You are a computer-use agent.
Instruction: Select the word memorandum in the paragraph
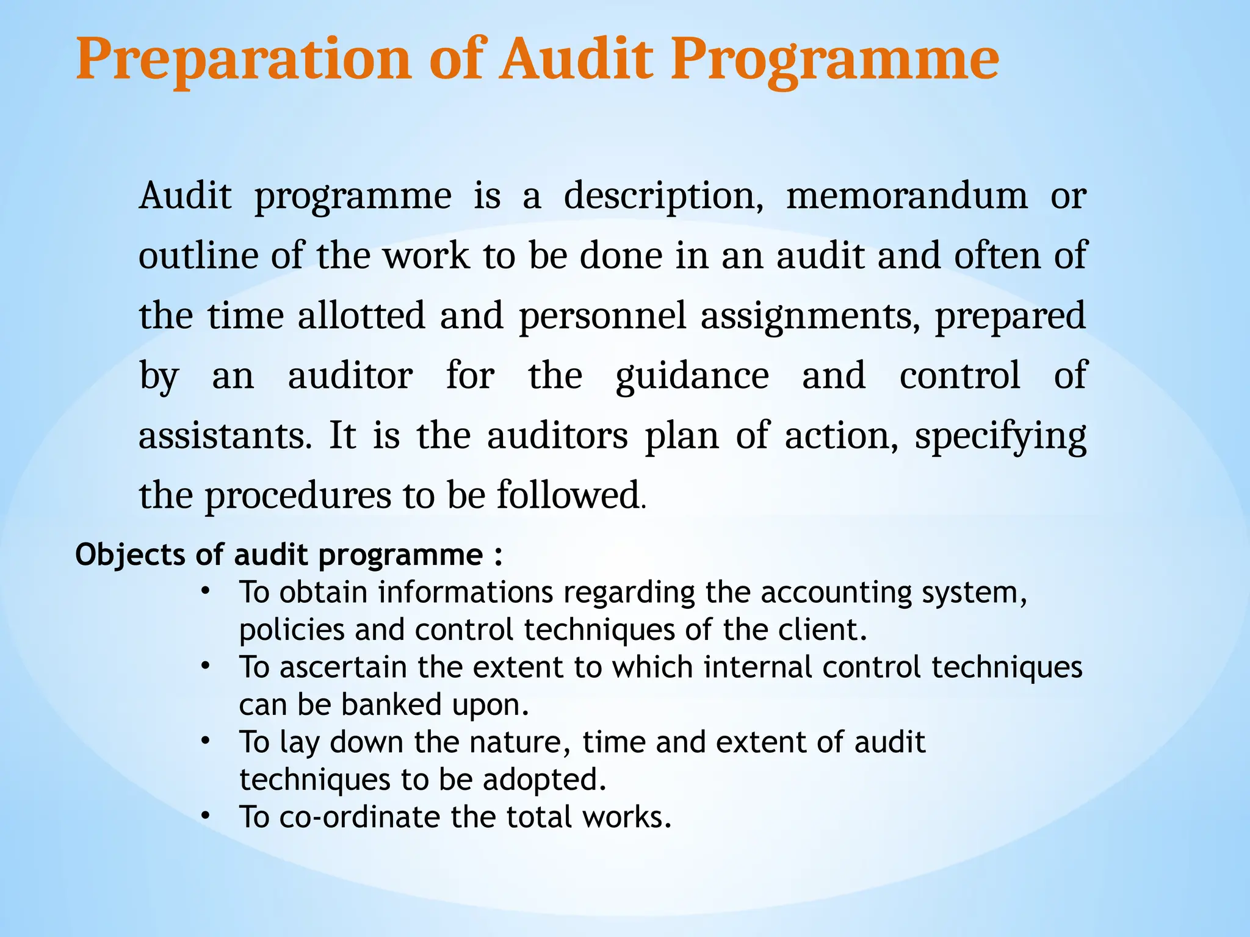click(x=907, y=196)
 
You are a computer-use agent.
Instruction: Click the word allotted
click(x=361, y=316)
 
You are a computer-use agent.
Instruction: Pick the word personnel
click(x=603, y=316)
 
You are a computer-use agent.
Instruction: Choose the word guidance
click(x=692, y=376)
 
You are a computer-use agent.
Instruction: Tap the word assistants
click(x=225, y=436)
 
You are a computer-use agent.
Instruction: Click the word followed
click(x=568, y=495)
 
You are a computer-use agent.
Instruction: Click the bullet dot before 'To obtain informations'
click(x=206, y=591)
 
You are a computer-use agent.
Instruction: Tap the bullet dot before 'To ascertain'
click(x=206, y=666)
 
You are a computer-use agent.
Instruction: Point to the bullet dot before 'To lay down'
click(x=206, y=741)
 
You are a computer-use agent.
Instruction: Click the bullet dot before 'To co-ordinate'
click(x=206, y=816)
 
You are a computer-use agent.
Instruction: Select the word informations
click(x=466, y=592)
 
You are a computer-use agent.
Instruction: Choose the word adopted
click(x=544, y=780)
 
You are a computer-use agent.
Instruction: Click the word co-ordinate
click(x=360, y=817)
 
